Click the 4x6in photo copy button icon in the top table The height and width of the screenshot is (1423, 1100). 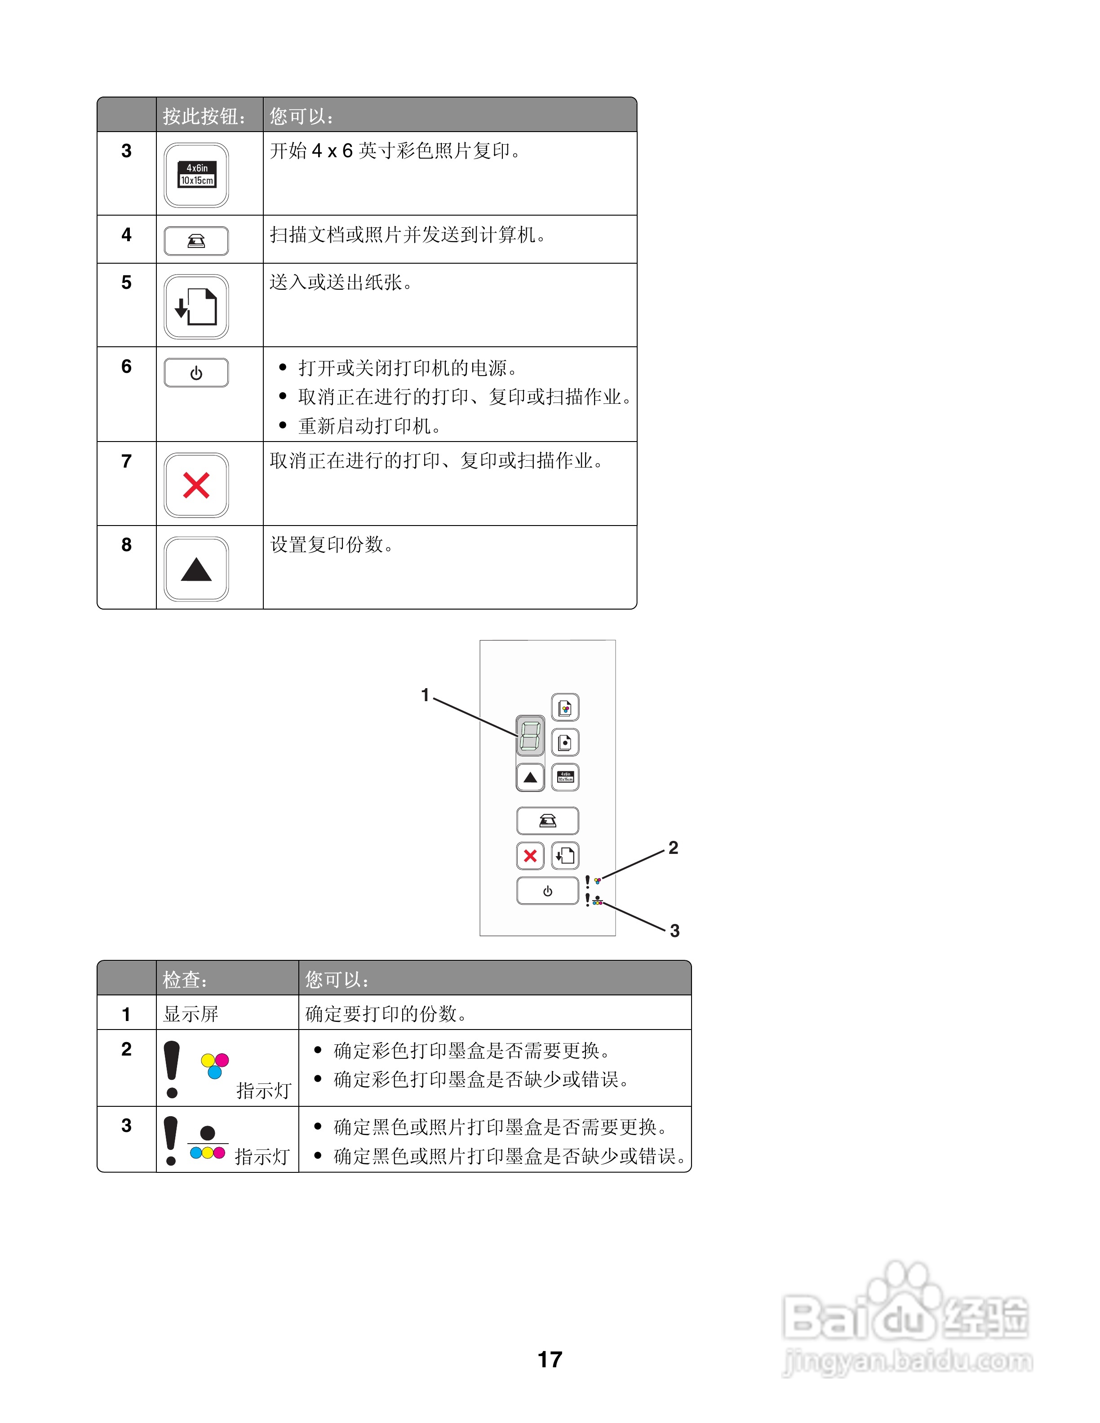click(x=196, y=175)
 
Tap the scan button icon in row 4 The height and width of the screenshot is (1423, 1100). click(x=196, y=241)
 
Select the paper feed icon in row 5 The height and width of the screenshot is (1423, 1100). click(x=196, y=306)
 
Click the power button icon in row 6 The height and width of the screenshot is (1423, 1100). click(x=196, y=373)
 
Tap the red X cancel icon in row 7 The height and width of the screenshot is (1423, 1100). click(x=196, y=486)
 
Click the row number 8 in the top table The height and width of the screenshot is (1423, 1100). click(x=126, y=545)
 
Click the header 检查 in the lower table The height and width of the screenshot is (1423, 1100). click(x=184, y=979)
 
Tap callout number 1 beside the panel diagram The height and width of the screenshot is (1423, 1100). click(x=426, y=695)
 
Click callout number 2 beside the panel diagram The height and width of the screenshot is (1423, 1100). click(x=673, y=848)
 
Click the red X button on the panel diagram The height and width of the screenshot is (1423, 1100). click(x=530, y=856)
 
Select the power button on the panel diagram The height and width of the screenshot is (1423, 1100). click(x=547, y=891)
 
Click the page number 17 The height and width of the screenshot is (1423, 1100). click(x=550, y=1360)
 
